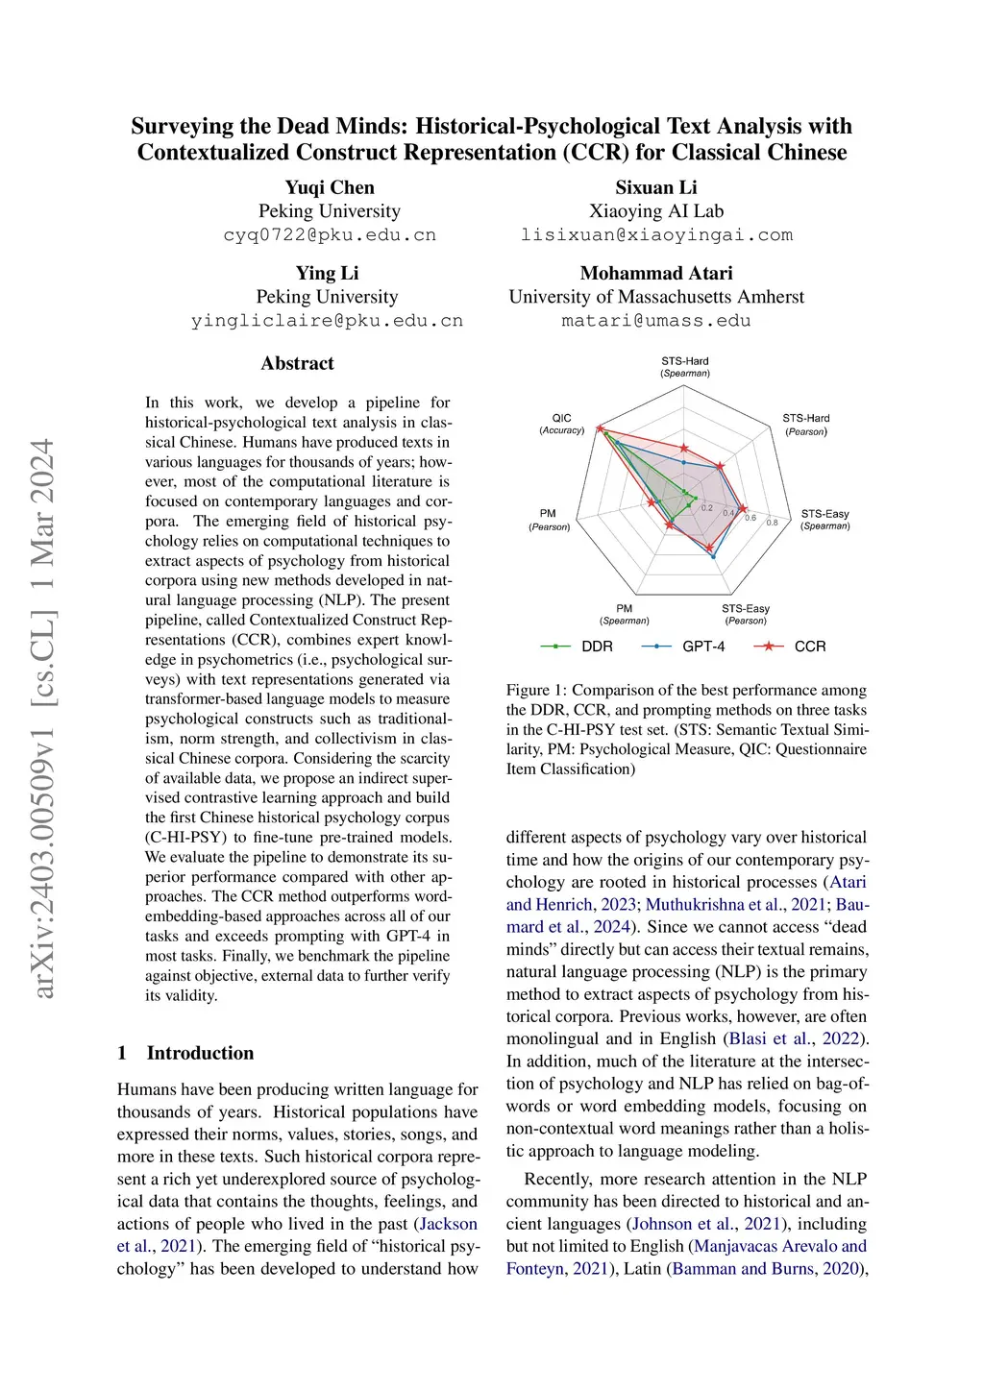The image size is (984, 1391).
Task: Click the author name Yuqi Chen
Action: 330,187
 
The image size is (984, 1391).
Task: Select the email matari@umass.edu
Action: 656,321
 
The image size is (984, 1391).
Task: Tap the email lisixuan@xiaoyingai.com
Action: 656,235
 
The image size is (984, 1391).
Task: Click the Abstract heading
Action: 297,363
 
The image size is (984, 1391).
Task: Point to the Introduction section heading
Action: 200,1053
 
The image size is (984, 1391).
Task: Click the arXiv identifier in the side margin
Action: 44,718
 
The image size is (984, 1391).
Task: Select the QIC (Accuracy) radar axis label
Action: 561,424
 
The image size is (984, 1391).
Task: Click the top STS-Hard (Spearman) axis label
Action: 684,367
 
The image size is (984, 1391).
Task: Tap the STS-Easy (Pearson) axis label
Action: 746,614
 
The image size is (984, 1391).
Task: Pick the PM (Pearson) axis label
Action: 549,520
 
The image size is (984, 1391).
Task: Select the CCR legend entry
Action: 791,647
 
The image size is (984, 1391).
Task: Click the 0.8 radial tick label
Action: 772,523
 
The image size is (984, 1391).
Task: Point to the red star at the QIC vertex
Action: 601,429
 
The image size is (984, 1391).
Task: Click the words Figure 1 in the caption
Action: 528,690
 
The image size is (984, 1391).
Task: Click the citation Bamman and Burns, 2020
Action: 769,1268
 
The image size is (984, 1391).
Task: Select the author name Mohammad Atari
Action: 656,273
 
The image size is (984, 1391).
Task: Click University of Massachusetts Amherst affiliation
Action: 656,297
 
